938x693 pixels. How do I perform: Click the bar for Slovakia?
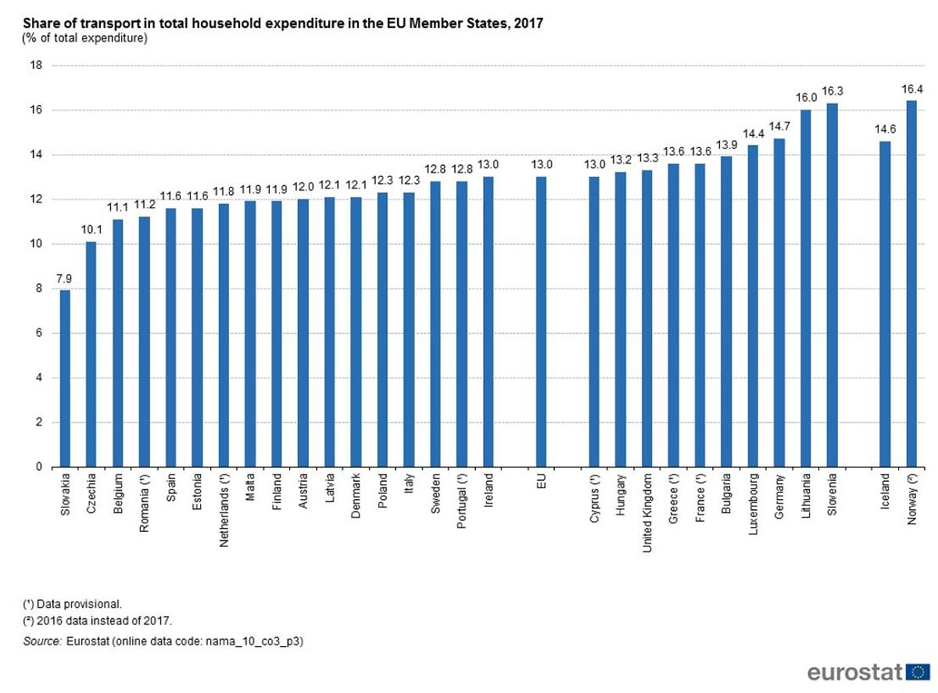click(x=65, y=379)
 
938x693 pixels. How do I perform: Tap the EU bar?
click(x=541, y=321)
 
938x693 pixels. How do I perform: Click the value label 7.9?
click(x=65, y=278)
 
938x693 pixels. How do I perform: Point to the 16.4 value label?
click(x=911, y=88)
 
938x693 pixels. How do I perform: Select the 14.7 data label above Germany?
click(x=779, y=127)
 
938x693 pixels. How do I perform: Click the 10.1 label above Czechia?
click(x=91, y=229)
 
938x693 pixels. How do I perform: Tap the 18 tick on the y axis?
click(x=35, y=66)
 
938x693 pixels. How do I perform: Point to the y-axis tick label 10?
click(x=35, y=244)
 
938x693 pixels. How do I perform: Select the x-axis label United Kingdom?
click(x=647, y=512)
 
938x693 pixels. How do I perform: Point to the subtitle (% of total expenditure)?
click(x=85, y=38)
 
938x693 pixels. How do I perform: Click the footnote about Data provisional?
click(x=73, y=604)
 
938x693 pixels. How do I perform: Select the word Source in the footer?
click(x=42, y=641)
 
